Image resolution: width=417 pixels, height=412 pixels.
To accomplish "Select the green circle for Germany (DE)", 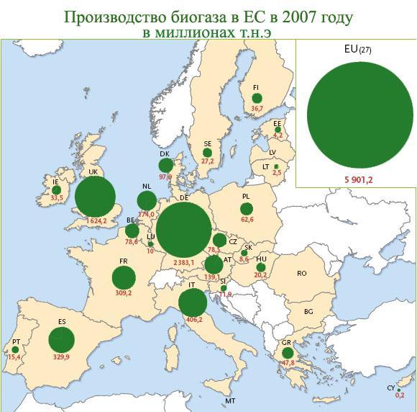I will coord(184,230).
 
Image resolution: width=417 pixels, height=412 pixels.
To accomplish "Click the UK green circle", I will coord(95,197).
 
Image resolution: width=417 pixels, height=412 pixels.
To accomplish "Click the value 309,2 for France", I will coord(124,293).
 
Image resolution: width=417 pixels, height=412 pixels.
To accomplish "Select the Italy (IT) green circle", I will coord(191,303).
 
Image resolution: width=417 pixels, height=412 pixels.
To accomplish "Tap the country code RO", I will coord(301,274).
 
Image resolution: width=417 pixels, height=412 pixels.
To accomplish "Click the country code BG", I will coord(308,313).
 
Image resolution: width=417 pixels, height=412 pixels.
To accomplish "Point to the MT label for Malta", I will coord(230,400).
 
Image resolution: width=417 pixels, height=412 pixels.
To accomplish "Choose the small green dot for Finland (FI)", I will coord(257,99).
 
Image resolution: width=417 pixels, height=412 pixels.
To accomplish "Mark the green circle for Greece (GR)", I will coord(288,353).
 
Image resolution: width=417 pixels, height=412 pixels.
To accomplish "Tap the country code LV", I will coord(272,152).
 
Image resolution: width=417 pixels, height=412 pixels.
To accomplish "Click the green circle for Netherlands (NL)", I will coord(146,200).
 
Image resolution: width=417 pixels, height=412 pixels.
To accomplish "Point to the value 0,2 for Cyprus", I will coord(400,395).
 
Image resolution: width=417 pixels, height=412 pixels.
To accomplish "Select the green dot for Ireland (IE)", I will coord(56,190).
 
